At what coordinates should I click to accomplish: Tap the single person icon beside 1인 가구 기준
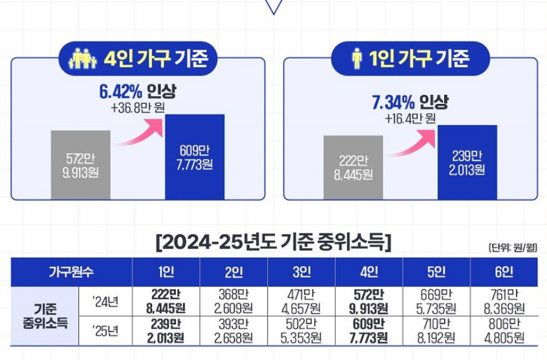(357, 59)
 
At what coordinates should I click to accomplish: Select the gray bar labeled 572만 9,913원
(81, 164)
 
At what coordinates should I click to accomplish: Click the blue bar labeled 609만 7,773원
(195, 157)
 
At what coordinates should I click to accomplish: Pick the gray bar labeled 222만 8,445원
(353, 167)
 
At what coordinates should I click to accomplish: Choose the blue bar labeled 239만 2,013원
(467, 162)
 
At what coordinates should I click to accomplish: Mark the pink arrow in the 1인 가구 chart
(414, 139)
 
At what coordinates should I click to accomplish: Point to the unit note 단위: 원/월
(512, 247)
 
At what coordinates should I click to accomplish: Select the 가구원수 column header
(71, 271)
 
